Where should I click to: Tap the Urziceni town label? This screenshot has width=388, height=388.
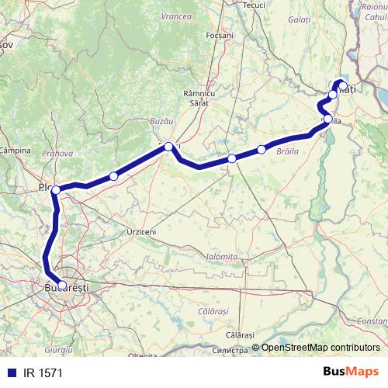click(141, 231)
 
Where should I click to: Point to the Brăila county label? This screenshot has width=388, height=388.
click(287, 154)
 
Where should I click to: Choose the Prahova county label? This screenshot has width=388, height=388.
click(57, 154)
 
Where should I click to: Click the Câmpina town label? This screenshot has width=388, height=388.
click(15, 149)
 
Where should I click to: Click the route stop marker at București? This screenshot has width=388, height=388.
click(62, 285)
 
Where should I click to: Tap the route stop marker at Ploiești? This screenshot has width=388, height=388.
click(56, 189)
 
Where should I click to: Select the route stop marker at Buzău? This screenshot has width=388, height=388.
click(168, 146)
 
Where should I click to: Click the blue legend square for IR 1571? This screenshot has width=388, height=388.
click(9, 372)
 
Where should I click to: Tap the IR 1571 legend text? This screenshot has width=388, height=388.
click(42, 372)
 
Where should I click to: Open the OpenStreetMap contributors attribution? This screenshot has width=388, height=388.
click(320, 348)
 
